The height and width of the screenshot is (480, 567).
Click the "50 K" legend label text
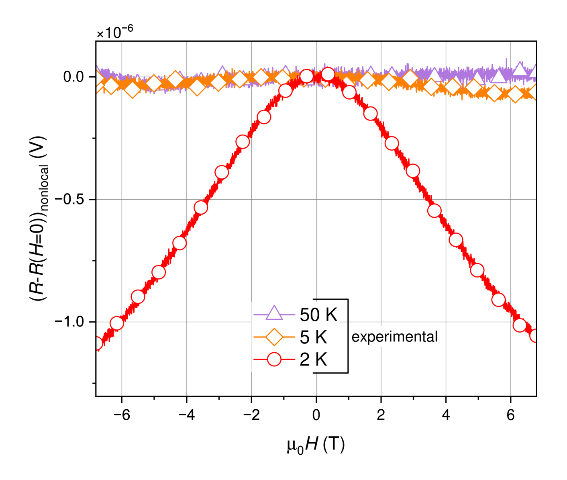click(x=318, y=315)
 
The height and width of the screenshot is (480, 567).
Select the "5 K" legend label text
click(x=313, y=337)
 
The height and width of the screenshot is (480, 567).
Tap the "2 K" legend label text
click(x=313, y=359)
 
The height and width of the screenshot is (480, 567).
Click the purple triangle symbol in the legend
click(x=274, y=313)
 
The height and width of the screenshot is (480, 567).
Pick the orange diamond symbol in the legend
click(x=274, y=337)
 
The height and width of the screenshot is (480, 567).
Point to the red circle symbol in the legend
click(x=274, y=359)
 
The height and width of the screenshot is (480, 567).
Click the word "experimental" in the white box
click(x=394, y=337)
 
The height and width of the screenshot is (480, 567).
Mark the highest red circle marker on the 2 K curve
click(x=328, y=74)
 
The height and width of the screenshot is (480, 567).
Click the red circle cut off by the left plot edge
click(x=98, y=343)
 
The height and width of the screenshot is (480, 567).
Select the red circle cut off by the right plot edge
click(x=534, y=335)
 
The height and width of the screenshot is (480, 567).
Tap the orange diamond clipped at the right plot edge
click(x=533, y=92)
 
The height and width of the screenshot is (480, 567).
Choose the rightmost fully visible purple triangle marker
click(x=520, y=69)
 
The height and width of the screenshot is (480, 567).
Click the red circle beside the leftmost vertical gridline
click(x=116, y=323)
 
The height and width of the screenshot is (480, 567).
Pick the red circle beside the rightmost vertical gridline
click(x=519, y=325)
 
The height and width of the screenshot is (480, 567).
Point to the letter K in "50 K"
click(x=331, y=315)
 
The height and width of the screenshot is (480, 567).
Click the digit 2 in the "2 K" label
click(x=304, y=359)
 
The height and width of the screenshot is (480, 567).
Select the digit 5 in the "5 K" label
click(x=304, y=337)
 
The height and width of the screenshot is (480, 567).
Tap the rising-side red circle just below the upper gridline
click(x=201, y=207)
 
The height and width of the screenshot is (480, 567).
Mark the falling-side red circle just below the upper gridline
click(x=434, y=210)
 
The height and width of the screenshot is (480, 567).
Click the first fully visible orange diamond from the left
click(x=111, y=85)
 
